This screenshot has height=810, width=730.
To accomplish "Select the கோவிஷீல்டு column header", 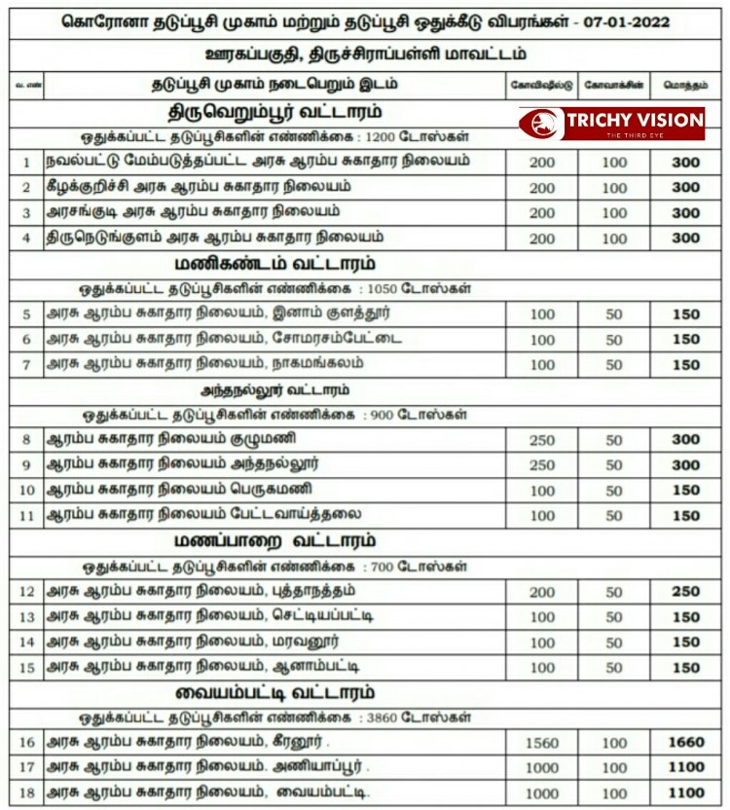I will pos(542,86).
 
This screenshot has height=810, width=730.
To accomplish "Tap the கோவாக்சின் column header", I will pos(614,86).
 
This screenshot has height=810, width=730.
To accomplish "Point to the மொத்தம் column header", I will pos(685,86).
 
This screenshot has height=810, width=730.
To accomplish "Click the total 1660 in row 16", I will pos(685,743).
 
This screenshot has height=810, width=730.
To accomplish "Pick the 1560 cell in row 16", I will pos(542,743).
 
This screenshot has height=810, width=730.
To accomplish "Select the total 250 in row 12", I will pos(685,592).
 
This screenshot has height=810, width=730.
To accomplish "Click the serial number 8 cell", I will pos(27,440).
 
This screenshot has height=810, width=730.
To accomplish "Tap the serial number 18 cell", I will pos(27,792).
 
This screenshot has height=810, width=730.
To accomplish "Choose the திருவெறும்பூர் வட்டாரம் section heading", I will pos(276,111).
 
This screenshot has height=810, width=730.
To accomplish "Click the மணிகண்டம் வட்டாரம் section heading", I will pos(276,264).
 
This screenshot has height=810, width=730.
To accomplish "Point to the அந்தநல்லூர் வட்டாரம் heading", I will pos(277,390).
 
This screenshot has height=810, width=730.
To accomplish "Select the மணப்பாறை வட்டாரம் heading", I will pos(276,541).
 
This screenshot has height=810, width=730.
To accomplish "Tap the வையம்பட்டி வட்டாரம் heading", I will pos(276,693).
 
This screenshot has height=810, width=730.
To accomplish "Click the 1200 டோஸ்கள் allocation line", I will pos(276,137).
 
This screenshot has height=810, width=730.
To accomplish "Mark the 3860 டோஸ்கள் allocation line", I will pos(276,718).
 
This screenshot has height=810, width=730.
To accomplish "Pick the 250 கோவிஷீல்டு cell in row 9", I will pos(542,465).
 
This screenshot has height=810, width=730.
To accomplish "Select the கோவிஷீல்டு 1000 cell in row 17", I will pos(542,768).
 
